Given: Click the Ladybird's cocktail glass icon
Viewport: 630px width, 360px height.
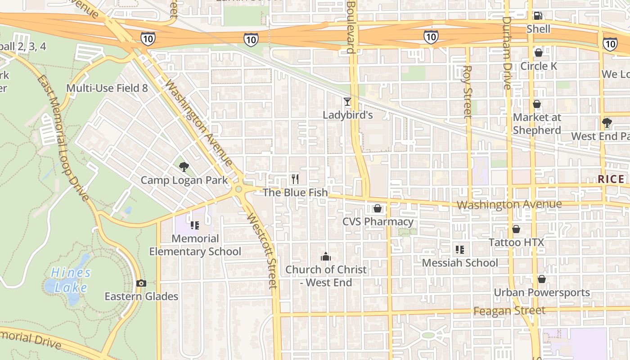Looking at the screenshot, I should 347,102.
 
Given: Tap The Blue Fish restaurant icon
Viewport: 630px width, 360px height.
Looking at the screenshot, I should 295,179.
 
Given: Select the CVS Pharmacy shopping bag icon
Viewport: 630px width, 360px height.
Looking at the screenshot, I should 378,208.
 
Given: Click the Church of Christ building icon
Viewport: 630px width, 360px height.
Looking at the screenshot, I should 326,257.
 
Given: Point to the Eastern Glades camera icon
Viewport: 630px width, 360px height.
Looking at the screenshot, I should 141,283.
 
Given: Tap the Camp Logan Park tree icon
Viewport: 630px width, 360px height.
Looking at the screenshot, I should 184,167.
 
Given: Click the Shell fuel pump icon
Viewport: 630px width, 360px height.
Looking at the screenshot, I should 538,16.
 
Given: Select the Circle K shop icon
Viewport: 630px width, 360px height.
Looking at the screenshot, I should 538,53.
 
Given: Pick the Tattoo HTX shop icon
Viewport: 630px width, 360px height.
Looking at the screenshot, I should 516,229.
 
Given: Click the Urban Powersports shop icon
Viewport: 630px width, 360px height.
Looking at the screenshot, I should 542,279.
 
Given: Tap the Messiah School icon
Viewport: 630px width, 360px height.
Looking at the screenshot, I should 459,249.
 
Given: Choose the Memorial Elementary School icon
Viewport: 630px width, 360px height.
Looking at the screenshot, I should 195,225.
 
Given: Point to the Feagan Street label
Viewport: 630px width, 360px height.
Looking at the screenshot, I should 509,310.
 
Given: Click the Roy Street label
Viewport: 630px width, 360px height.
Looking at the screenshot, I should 468,92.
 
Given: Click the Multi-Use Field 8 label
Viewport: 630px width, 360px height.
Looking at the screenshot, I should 107,88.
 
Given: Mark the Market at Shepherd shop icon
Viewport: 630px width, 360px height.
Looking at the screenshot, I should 537,104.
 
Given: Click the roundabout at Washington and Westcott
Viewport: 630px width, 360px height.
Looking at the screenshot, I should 238,189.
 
